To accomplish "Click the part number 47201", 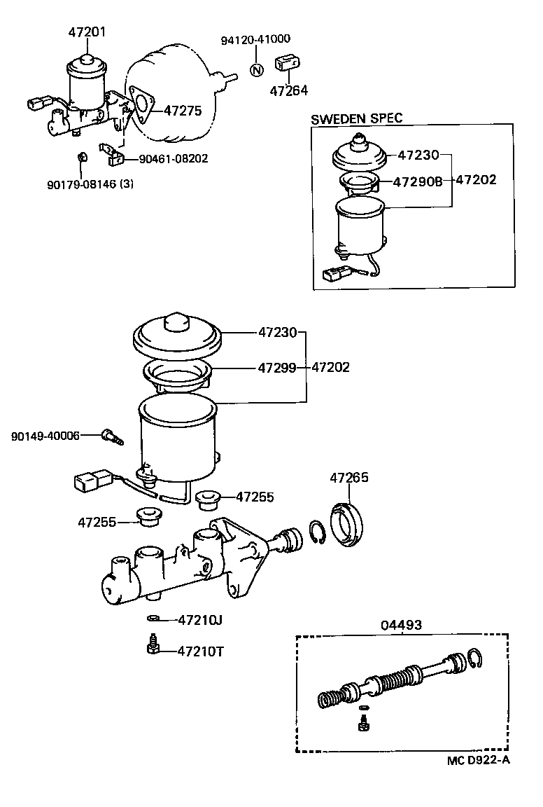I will click(x=87, y=32).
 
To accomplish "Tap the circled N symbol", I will click(x=256, y=69).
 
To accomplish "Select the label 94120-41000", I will click(x=255, y=40).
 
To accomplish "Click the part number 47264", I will click(x=289, y=90).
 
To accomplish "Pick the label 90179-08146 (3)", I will click(x=90, y=184).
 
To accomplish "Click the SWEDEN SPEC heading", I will click(x=357, y=118).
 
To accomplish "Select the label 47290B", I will click(x=417, y=181).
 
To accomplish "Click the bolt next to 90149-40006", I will click(x=111, y=436).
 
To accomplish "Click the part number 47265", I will click(x=349, y=478).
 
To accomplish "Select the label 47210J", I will click(x=200, y=619).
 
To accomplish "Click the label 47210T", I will click(x=200, y=651).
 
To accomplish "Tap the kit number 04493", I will click(x=401, y=625).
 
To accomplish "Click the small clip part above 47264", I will click(x=287, y=63).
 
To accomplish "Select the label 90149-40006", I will click(x=45, y=436).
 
